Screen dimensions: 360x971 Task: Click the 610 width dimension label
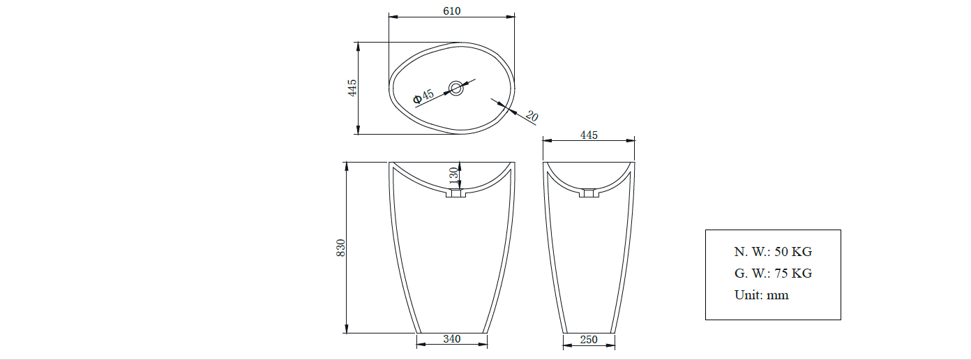(451, 10)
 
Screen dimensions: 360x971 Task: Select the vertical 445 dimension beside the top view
(352, 88)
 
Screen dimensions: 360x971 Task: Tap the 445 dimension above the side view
(589, 135)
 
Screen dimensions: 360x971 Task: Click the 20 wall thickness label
(531, 117)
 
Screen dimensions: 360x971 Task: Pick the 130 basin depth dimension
(453, 174)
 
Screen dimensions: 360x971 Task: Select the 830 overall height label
(341, 248)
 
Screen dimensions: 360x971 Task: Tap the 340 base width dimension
(451, 339)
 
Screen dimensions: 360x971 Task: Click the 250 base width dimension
(589, 340)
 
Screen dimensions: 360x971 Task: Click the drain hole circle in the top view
(456, 88)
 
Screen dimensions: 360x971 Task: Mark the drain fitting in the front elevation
(457, 195)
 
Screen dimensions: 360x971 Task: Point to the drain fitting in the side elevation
(589, 193)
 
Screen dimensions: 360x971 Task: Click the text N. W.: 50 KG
(773, 252)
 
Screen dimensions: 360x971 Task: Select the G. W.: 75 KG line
(773, 273)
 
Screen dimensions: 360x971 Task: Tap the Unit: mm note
(762, 295)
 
